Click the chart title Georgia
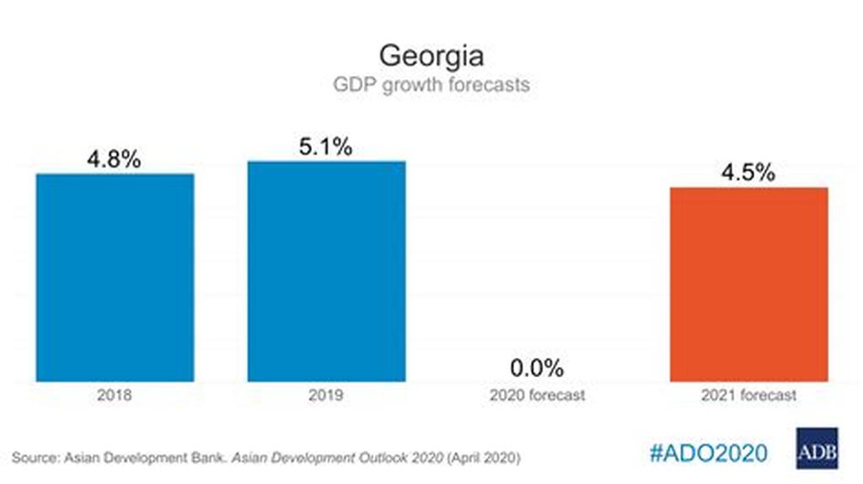[431, 56]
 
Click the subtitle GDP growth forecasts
[431, 85]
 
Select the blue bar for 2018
[115, 277]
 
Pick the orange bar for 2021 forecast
[748, 284]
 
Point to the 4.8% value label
[115, 160]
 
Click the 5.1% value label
[325, 147]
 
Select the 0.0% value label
[537, 368]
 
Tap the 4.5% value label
[748, 173]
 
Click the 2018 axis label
[115, 394]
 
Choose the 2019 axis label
[325, 394]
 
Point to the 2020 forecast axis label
[537, 394]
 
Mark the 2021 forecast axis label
[748, 394]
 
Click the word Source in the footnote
[35, 458]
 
